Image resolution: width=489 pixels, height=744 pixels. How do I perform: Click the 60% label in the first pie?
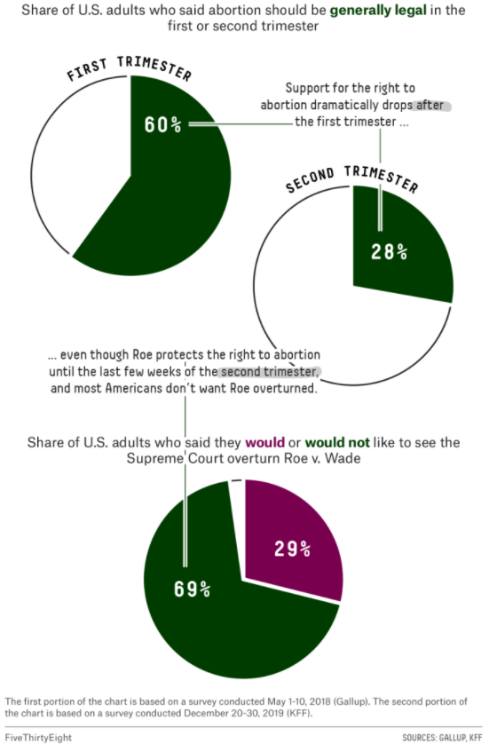[162, 123]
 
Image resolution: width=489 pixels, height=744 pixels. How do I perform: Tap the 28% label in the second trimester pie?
[389, 251]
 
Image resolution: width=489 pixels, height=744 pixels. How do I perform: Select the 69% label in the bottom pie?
[192, 588]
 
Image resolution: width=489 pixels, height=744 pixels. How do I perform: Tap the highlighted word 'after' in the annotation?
[432, 106]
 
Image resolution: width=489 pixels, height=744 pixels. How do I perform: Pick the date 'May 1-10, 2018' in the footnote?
[298, 700]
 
